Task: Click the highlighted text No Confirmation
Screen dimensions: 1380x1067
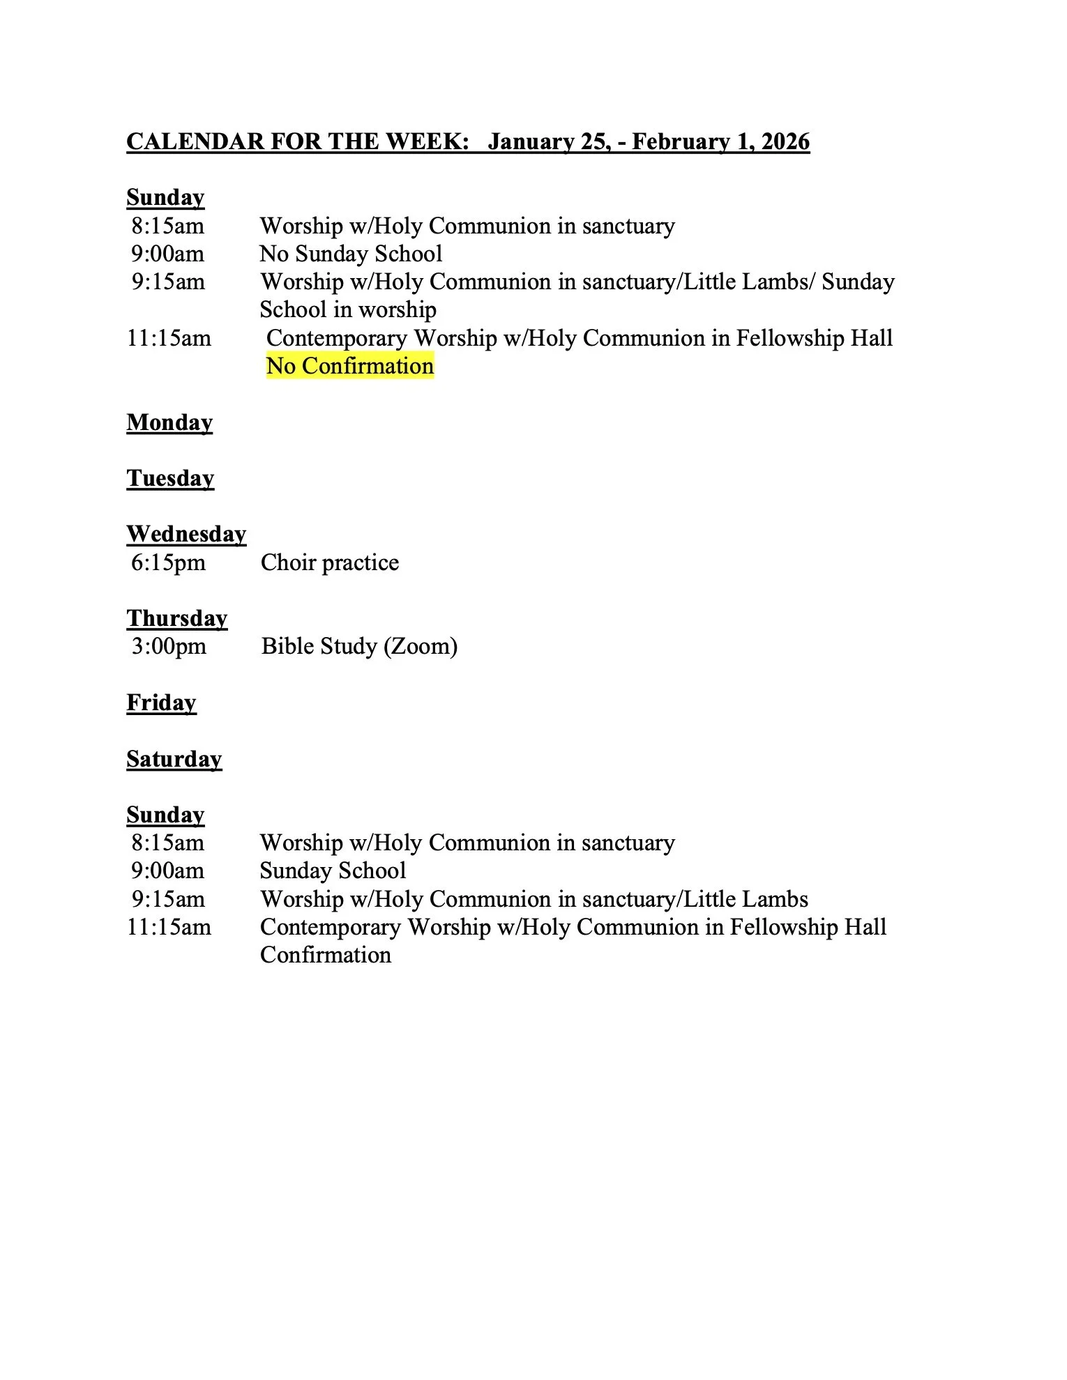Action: pos(349,366)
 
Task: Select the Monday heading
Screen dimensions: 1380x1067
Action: pos(169,422)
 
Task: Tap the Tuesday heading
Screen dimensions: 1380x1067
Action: pos(170,478)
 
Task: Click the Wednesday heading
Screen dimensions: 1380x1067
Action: pos(186,534)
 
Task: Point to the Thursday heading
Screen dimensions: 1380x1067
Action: pos(177,618)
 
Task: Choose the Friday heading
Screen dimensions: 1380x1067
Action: pos(161,703)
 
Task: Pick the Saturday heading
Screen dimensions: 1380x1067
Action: pos(174,758)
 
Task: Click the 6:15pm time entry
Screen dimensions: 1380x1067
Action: pos(168,562)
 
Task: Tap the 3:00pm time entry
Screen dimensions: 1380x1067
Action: pos(169,646)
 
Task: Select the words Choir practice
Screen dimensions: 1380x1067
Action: pos(329,562)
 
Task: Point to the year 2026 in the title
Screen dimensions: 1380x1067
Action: pos(785,141)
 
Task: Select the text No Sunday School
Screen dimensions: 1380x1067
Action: pos(351,254)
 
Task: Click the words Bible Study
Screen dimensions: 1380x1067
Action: pos(319,646)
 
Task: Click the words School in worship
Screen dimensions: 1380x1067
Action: pos(348,309)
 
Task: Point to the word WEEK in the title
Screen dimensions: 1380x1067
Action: pos(425,141)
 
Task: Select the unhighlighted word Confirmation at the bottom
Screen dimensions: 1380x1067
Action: pos(325,955)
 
